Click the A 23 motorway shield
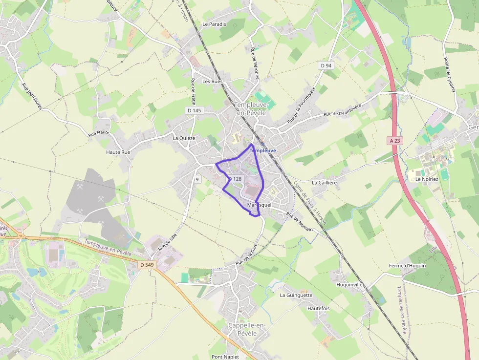point(395,140)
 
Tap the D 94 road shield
point(326,65)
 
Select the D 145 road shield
point(194,110)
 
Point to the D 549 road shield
point(147,265)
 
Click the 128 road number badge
point(237,179)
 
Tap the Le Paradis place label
point(214,24)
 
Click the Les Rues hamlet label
point(213,82)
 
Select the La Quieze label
point(184,138)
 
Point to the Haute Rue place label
point(118,152)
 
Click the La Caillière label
point(325,183)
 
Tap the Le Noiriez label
point(427,179)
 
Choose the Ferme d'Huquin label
point(407,266)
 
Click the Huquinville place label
point(349,284)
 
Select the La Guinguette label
point(296,295)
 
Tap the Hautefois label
point(319,309)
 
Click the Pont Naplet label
point(225,357)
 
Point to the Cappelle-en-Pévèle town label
point(247,329)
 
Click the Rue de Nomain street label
point(300,222)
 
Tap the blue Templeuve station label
point(263,151)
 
